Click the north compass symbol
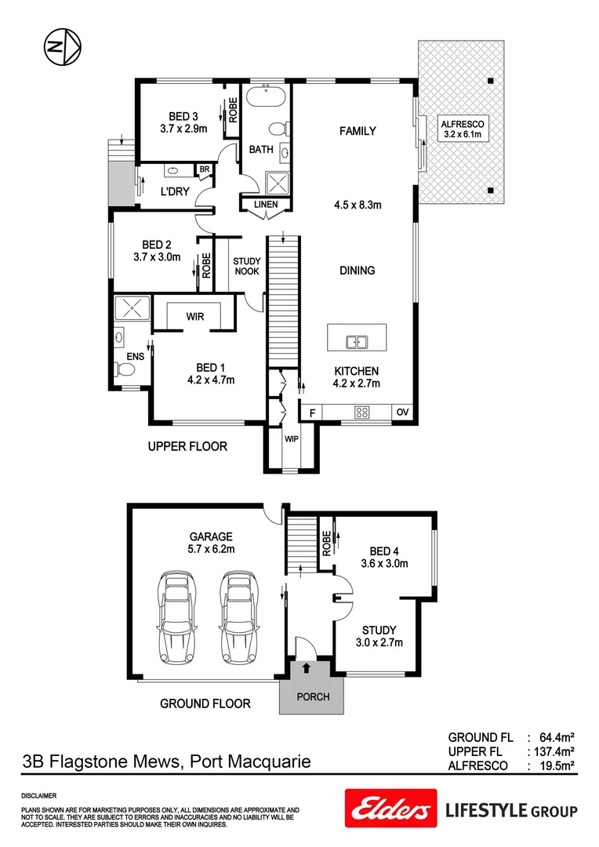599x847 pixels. [x=60, y=46]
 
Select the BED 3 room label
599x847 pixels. [x=183, y=117]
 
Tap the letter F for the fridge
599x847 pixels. [x=311, y=412]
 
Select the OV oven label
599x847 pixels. [x=402, y=412]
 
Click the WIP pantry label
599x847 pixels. [x=290, y=438]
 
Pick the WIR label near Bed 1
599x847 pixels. [x=195, y=317]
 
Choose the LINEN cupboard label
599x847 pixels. [x=263, y=205]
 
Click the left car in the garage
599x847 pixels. [x=176, y=617]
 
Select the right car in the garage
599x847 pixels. [x=238, y=617]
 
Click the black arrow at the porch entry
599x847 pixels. [x=306, y=667]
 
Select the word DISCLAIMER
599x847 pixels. [x=38, y=794]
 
